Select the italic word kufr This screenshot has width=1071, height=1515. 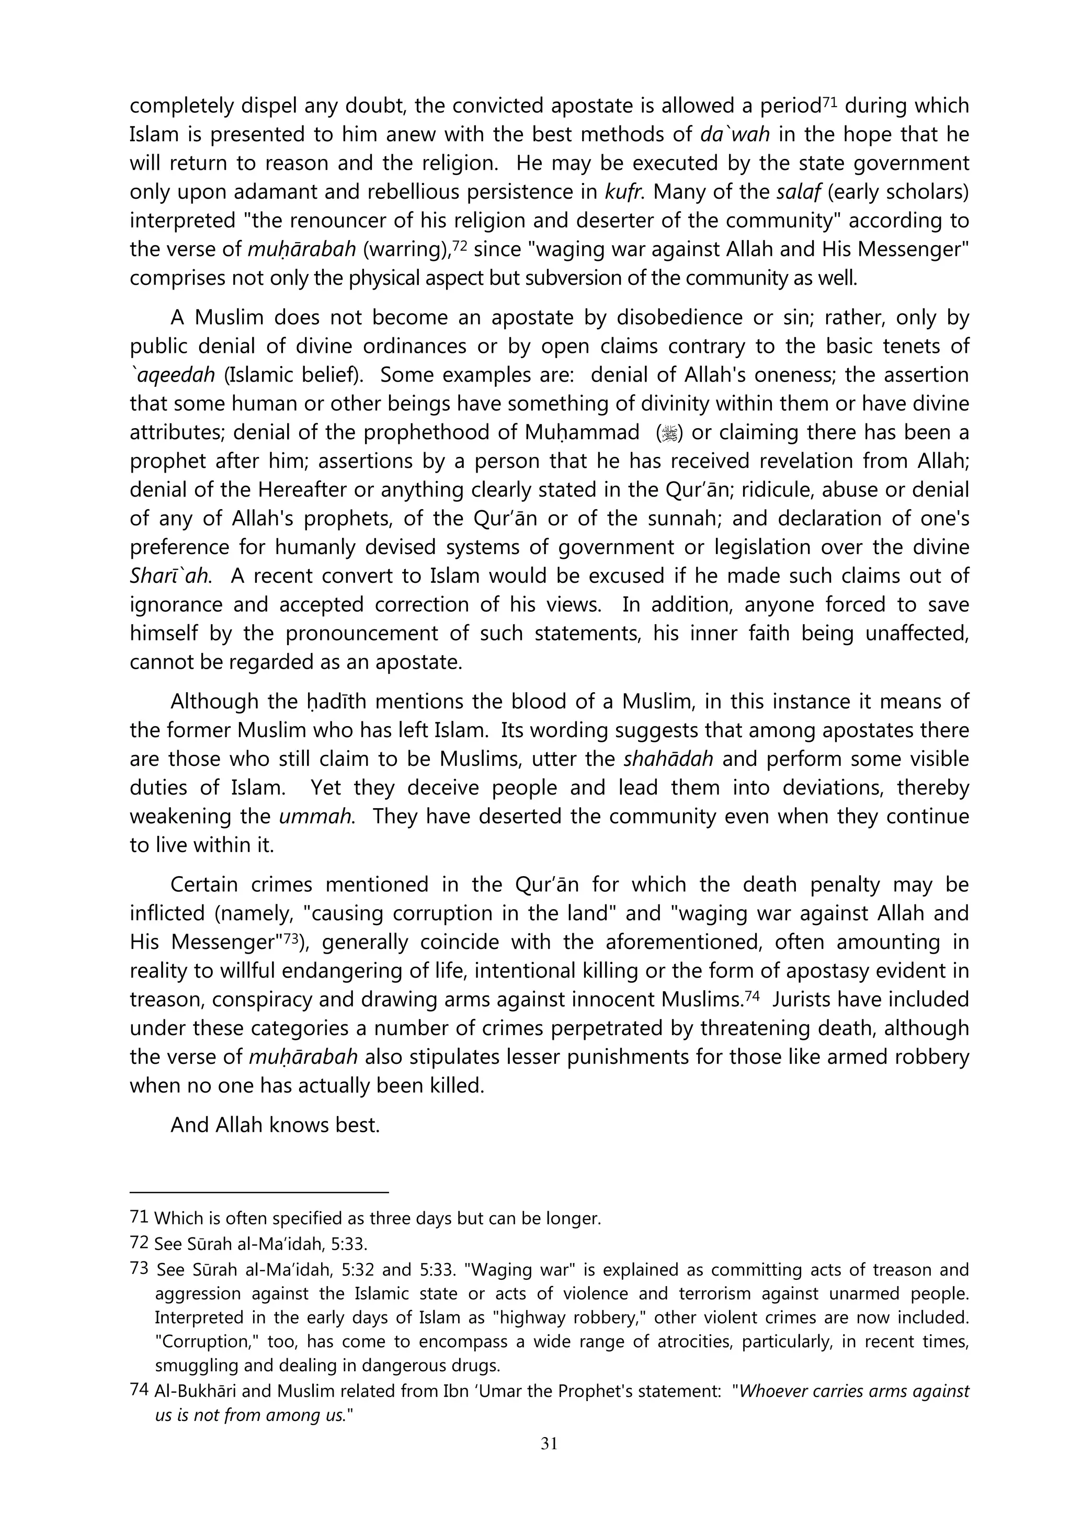tap(620, 191)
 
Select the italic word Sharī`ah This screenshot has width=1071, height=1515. tap(170, 576)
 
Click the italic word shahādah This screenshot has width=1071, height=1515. tap(668, 759)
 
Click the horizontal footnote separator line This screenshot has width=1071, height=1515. tap(259, 1192)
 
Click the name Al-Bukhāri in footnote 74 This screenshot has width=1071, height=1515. tap(192, 1391)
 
